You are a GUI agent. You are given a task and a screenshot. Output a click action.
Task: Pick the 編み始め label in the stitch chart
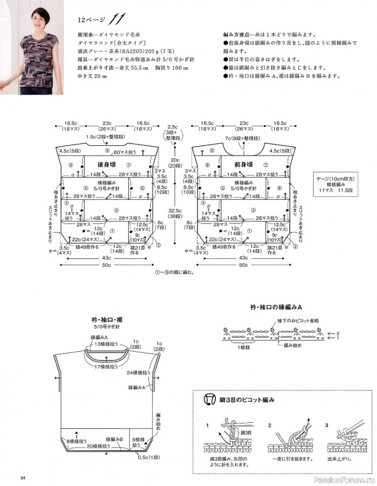(x=288, y=345)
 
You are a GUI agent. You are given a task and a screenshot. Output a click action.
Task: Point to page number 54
(x=22, y=476)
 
